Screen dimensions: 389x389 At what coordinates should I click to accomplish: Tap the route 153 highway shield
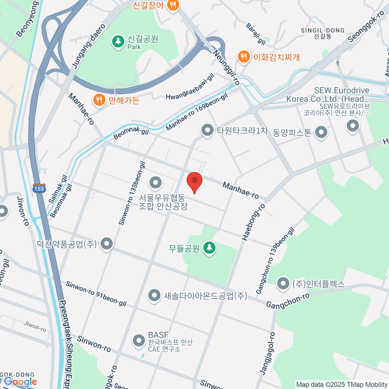click(x=39, y=188)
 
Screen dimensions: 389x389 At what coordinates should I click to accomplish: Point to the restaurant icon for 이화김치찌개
click(x=243, y=57)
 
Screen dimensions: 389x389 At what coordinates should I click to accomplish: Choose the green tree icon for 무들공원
click(x=209, y=248)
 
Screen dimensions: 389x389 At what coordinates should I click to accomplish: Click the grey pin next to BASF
click(x=139, y=341)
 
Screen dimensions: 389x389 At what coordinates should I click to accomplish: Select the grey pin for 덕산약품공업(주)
click(x=107, y=244)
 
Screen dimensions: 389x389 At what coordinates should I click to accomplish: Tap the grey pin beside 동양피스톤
click(x=321, y=132)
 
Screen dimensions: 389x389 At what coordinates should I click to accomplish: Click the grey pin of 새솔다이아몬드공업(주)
click(x=154, y=295)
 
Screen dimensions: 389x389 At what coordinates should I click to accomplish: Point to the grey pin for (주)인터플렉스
click(x=283, y=284)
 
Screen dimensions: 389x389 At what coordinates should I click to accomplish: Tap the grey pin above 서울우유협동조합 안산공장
click(x=156, y=183)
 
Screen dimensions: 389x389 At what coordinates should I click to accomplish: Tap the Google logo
click(x=20, y=382)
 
